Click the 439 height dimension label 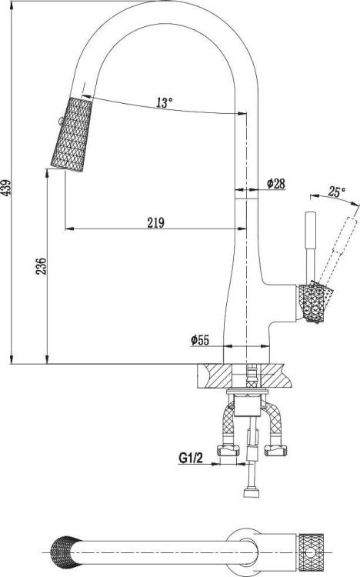pos(6,187)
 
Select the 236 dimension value pos(42,266)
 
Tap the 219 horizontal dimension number pos(155,222)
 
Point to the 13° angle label pos(164,102)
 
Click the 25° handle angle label pos(337,192)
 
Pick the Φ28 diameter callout pos(276,183)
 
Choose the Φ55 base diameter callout pos(200,340)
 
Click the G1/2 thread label pos(190,459)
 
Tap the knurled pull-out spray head pos(72,134)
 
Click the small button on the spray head pos(59,120)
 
